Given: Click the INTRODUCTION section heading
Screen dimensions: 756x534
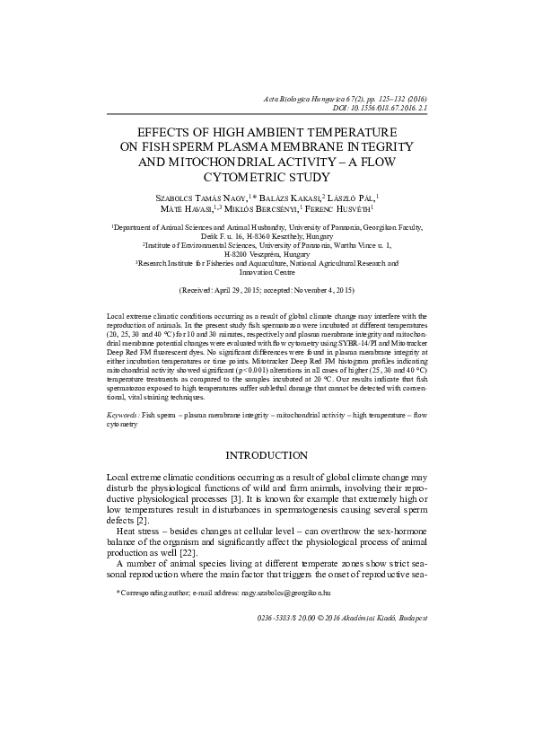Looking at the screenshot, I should point(267,456).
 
